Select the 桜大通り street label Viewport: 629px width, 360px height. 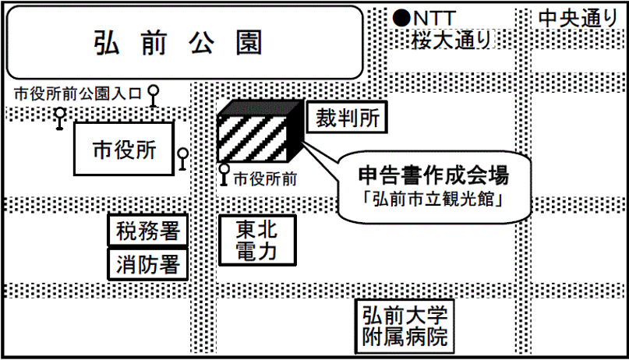click(x=451, y=38)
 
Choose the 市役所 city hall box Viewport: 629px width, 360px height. click(x=124, y=148)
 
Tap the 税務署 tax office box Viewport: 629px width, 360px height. click(x=147, y=231)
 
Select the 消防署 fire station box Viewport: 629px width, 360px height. click(x=147, y=264)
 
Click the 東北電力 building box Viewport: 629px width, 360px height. click(x=256, y=239)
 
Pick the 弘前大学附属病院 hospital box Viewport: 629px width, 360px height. click(x=405, y=326)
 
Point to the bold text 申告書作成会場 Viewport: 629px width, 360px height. click(x=433, y=173)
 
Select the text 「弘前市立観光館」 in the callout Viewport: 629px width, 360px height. click(x=433, y=199)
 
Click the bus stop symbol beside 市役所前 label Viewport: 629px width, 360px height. click(x=224, y=175)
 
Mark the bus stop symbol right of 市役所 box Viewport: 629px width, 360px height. click(x=182, y=158)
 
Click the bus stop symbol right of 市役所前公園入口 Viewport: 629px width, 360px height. click(x=154, y=95)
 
